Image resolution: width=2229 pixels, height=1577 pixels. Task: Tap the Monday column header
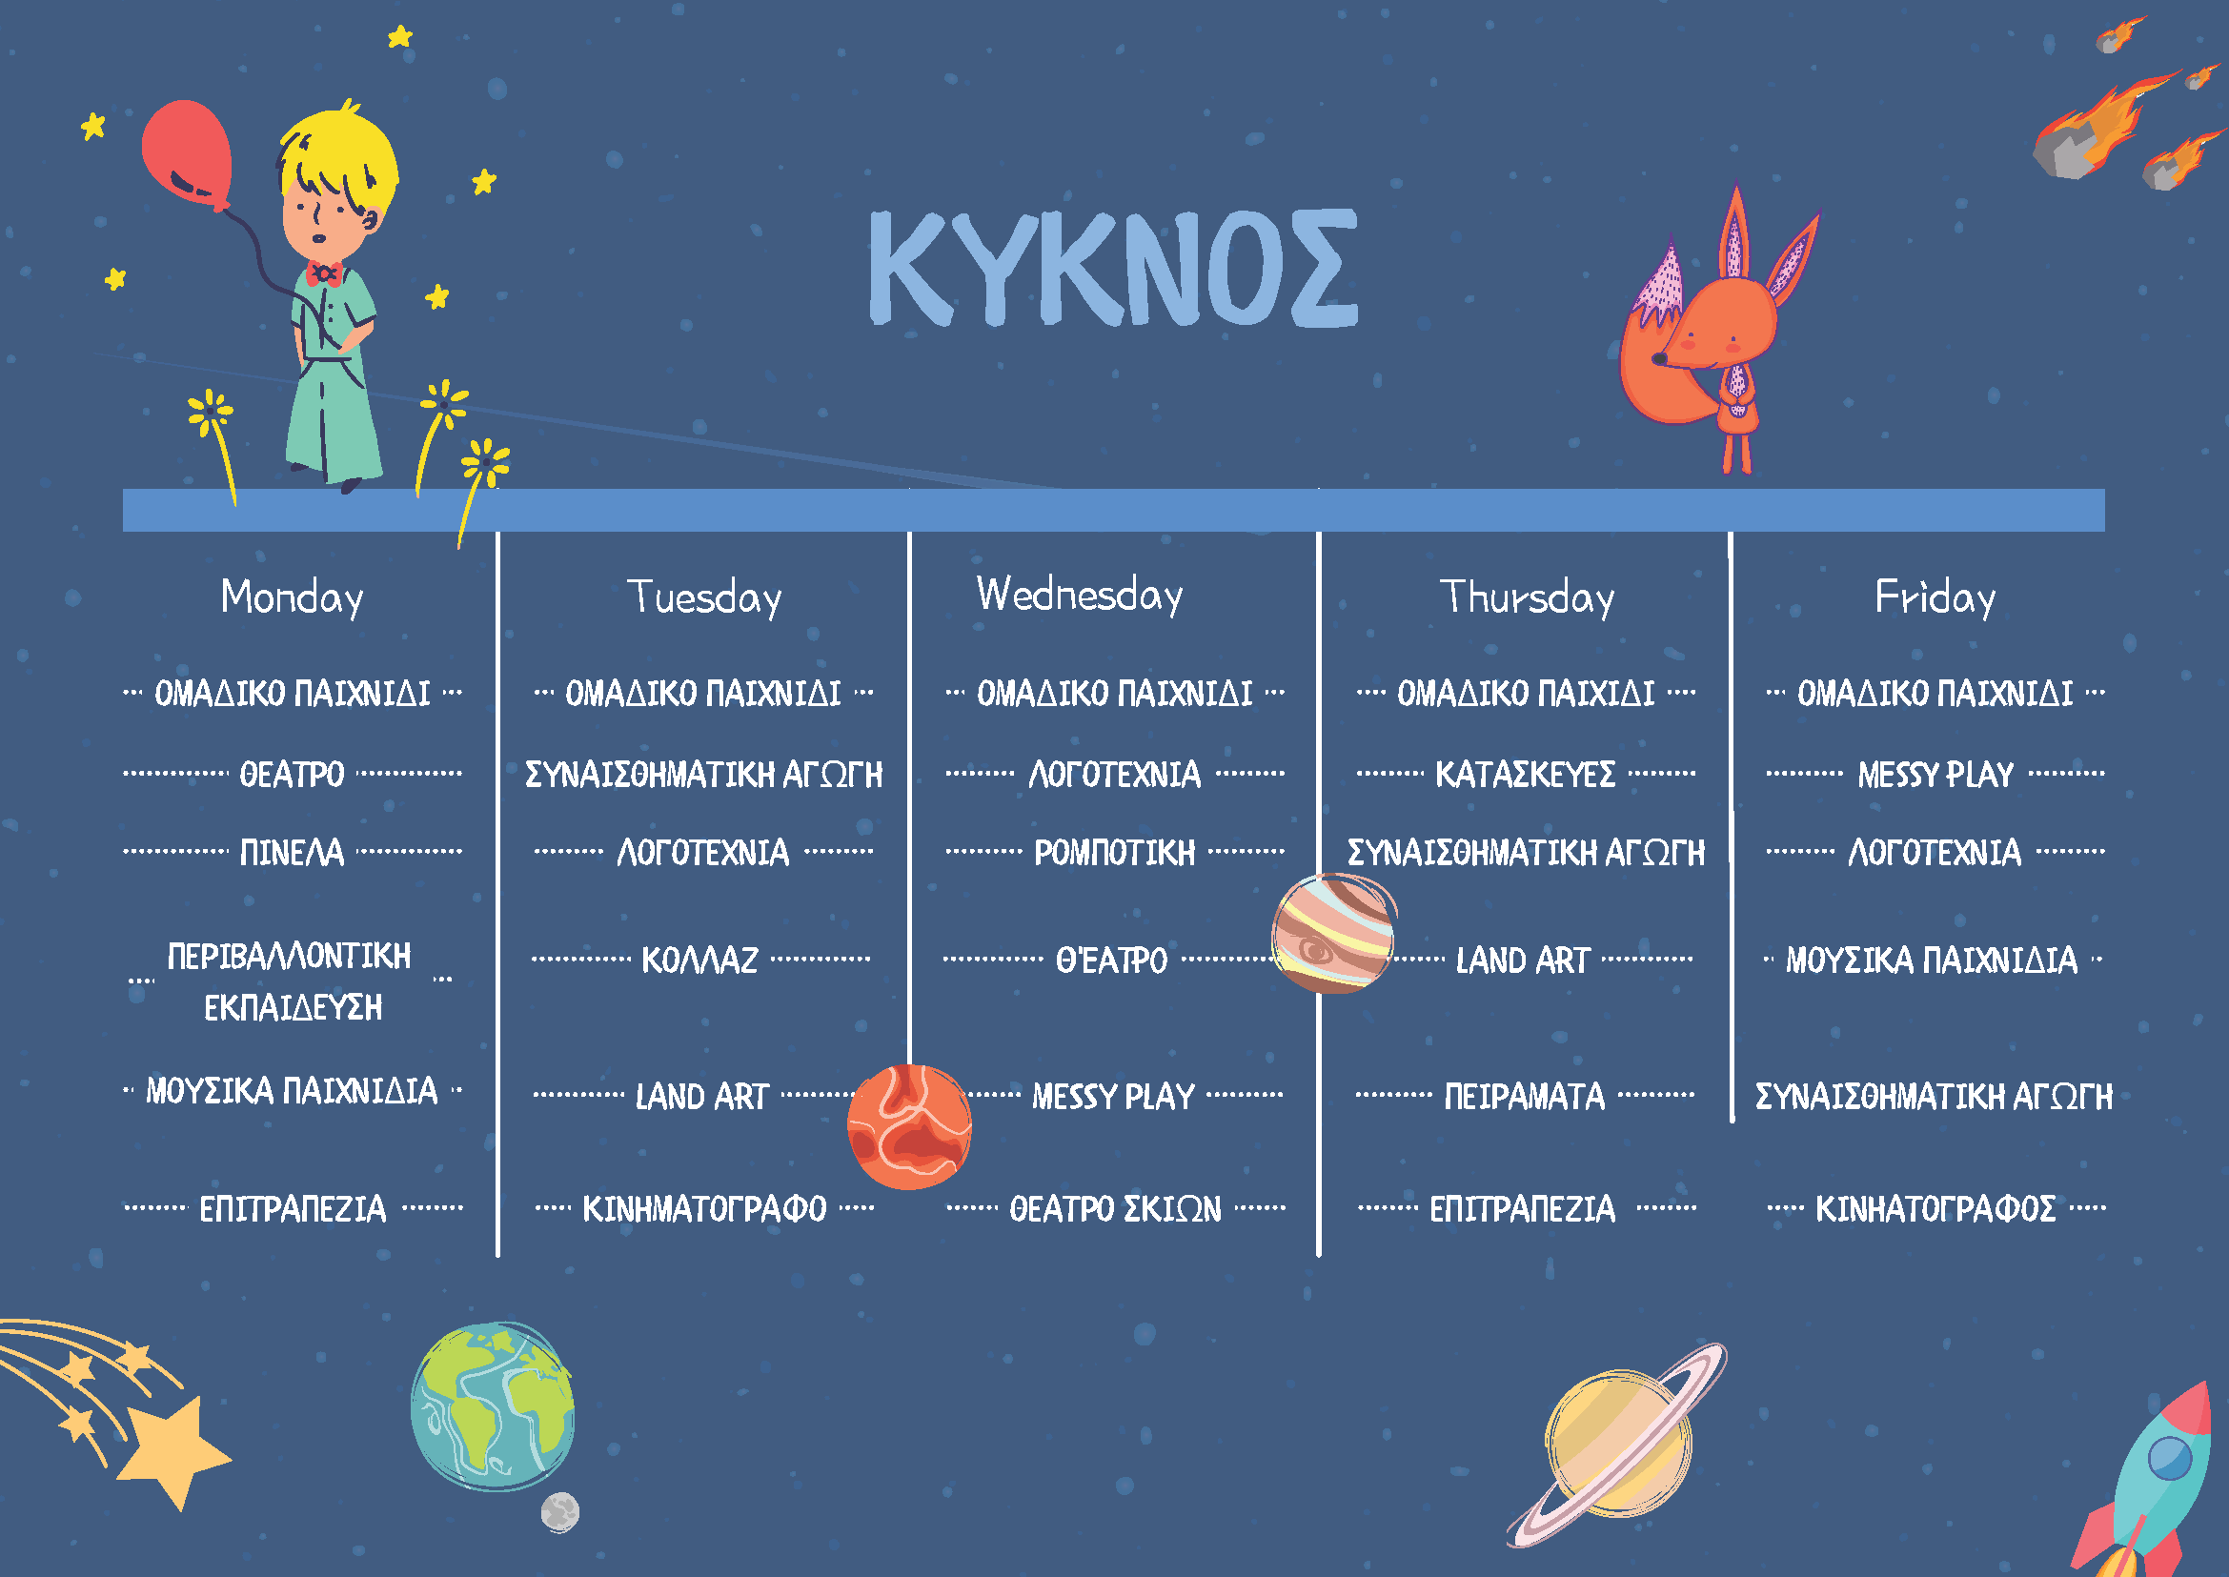point(293,597)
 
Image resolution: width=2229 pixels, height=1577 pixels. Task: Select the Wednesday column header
point(1080,595)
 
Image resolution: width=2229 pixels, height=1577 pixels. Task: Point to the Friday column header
point(1935,597)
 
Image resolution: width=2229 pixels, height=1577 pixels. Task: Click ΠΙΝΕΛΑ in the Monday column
point(293,853)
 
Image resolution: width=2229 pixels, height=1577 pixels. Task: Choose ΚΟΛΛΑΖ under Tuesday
point(700,960)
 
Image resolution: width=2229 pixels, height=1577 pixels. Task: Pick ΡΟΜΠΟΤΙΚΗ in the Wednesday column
point(1115,853)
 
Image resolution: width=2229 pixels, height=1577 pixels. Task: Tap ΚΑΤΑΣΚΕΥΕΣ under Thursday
point(1526,775)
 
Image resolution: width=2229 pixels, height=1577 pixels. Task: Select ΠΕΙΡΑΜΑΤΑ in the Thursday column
point(1525,1097)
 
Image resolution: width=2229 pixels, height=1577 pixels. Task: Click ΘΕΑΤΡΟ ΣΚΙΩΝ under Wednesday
point(1115,1209)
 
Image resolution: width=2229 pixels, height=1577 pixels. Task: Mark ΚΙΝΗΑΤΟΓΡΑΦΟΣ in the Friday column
point(1935,1209)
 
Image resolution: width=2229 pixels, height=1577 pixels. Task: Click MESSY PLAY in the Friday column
point(1935,775)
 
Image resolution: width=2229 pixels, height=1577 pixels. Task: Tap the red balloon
point(188,153)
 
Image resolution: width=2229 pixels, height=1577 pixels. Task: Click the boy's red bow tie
point(323,273)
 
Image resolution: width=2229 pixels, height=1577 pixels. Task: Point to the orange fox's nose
point(1660,359)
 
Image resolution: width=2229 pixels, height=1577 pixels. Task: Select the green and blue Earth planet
point(493,1406)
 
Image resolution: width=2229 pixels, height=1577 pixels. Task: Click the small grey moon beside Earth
point(560,1512)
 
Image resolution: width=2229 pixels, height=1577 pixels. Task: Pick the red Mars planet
point(910,1126)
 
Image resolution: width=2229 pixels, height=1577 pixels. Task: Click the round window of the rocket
point(2170,1458)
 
